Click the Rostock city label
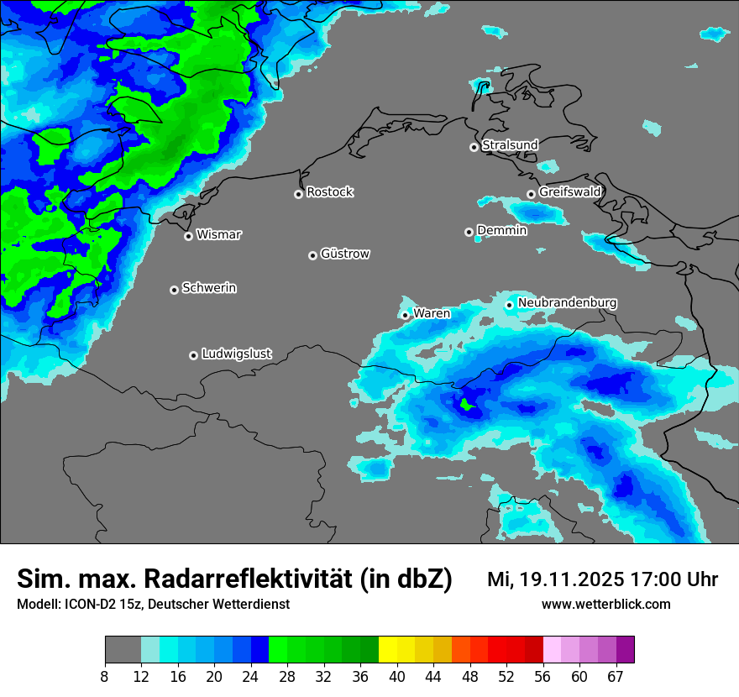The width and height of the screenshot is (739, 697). tap(329, 192)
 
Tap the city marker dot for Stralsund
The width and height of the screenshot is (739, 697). tap(474, 147)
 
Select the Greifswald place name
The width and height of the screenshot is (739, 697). tap(569, 192)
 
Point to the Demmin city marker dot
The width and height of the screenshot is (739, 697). tap(469, 232)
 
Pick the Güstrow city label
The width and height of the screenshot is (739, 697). tap(344, 254)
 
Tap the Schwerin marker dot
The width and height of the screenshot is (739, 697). tap(174, 290)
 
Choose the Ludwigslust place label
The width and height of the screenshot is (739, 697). tap(236, 354)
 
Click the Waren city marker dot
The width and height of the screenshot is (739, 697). tap(405, 315)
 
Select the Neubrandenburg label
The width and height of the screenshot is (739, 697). tap(567, 302)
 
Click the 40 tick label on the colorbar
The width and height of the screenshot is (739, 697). tap(397, 677)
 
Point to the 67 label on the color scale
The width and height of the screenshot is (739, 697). tap(616, 677)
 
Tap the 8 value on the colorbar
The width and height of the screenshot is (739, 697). tap(105, 677)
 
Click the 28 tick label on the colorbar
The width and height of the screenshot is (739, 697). tap(287, 677)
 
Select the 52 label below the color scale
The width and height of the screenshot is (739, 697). tap(506, 677)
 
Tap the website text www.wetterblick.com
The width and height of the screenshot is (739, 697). tap(605, 605)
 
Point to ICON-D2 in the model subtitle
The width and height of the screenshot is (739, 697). tap(87, 605)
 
